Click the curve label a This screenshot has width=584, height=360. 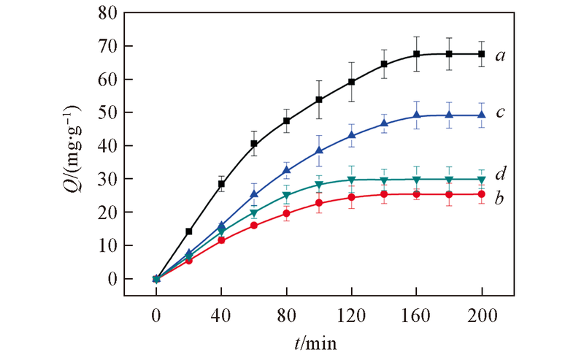[502, 55]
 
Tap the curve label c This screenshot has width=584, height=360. [502, 113]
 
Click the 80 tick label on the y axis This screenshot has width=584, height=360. [108, 13]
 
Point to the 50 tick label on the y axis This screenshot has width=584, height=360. [108, 113]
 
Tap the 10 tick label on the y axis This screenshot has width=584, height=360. [108, 246]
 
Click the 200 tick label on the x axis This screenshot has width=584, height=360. [482, 316]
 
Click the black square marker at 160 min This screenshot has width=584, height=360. [417, 54]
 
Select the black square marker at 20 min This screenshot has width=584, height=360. [189, 231]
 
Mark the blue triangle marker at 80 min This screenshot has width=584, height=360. [286, 170]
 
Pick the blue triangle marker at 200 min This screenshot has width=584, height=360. [482, 115]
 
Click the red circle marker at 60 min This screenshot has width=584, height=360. [254, 226]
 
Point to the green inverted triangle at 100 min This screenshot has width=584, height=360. [319, 184]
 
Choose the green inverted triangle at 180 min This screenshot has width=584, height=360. [450, 180]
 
